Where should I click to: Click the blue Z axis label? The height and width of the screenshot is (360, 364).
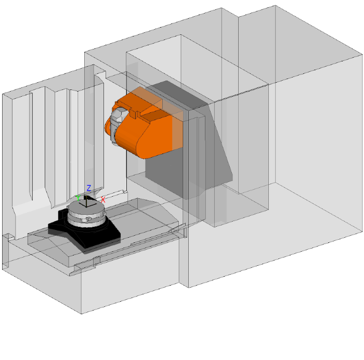click(89, 188)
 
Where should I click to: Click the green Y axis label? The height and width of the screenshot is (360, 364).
click(78, 198)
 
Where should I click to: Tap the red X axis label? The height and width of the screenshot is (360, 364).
click(103, 200)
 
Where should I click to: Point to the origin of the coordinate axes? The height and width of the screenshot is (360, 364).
click(86, 206)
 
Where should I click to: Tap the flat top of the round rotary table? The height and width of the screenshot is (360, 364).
click(86, 206)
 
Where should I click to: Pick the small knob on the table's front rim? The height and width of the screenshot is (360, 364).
click(88, 218)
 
